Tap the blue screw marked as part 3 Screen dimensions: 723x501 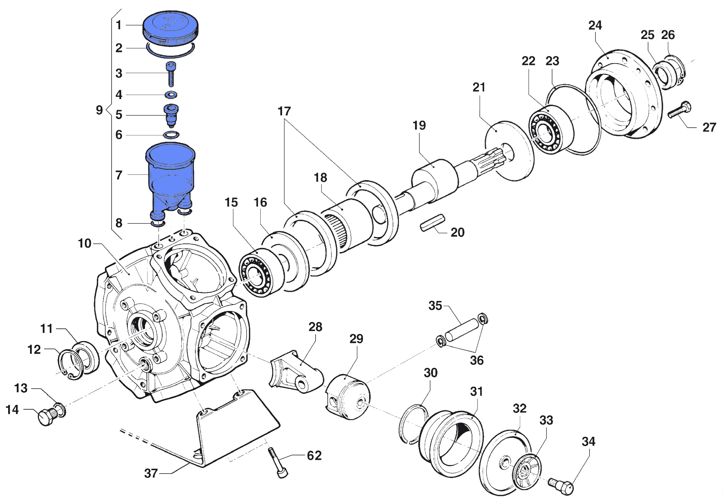coord(171,74)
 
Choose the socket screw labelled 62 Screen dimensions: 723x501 coord(278,463)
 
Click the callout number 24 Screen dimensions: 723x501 coord(595,25)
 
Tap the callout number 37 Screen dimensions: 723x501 coord(151,473)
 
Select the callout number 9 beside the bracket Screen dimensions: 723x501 coord(99,110)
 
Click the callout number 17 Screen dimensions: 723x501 coord(284,111)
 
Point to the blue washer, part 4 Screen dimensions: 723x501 coord(171,95)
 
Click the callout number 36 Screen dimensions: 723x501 coord(477,360)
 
